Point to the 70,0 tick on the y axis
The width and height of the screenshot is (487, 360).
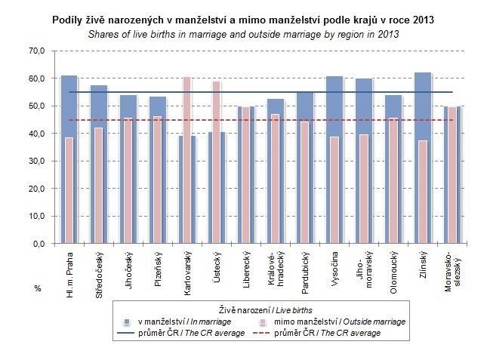(36, 51)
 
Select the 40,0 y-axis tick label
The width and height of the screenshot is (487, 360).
(36, 134)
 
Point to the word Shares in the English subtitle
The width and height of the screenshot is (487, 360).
(103, 35)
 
